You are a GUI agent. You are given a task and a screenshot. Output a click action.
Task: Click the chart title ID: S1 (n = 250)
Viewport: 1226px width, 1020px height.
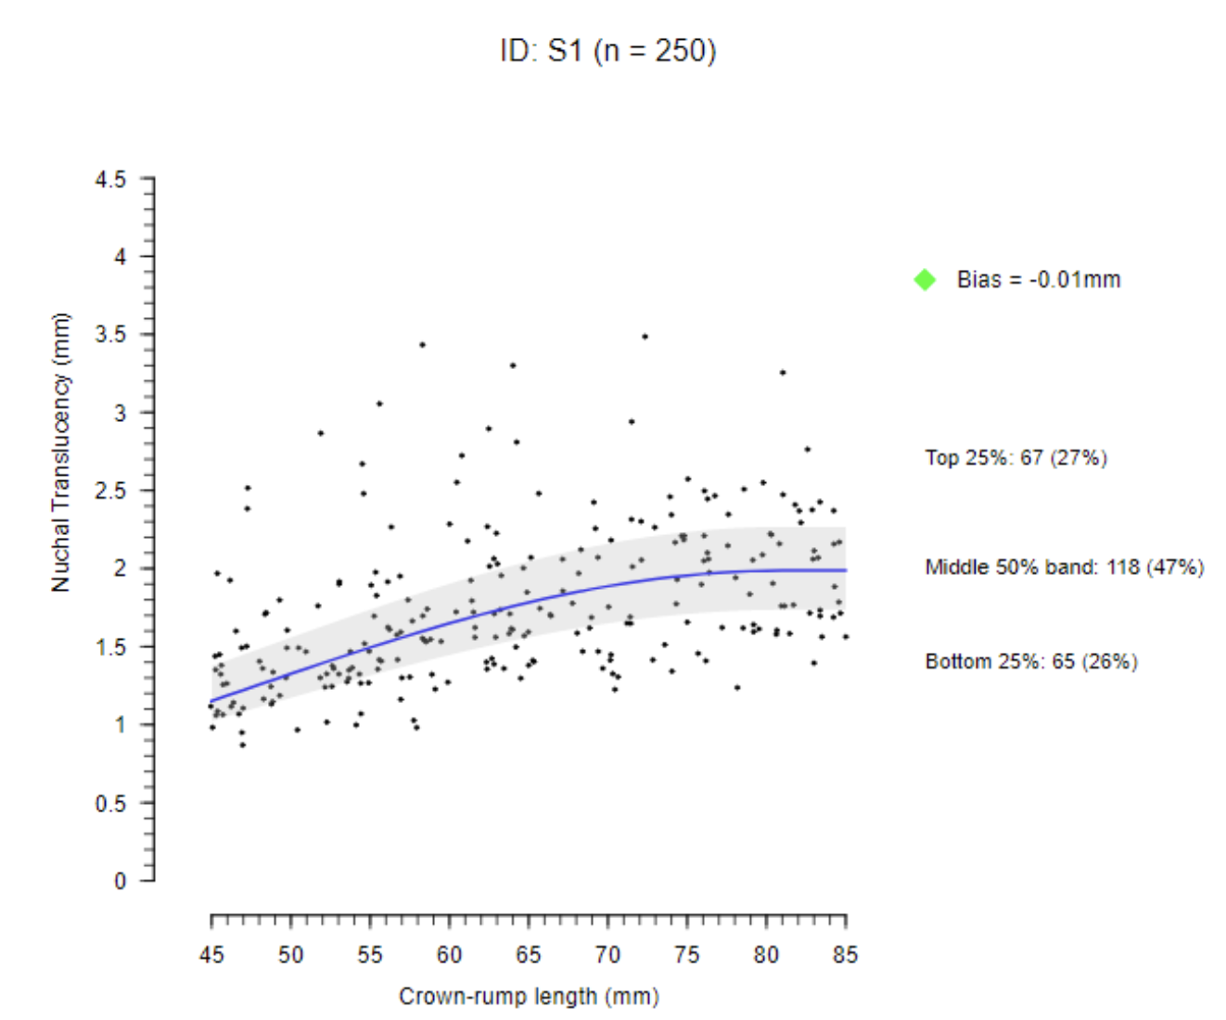click(607, 50)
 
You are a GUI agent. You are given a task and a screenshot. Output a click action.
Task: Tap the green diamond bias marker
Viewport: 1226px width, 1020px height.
click(925, 279)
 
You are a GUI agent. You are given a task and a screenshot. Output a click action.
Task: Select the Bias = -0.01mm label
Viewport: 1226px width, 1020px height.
click(1039, 279)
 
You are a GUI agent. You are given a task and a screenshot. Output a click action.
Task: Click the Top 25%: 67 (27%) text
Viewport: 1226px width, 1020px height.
click(1015, 457)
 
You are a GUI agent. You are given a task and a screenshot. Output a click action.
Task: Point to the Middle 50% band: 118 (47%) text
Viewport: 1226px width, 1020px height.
click(1064, 567)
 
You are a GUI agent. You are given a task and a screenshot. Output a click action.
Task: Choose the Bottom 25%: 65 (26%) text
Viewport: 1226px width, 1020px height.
click(1030, 661)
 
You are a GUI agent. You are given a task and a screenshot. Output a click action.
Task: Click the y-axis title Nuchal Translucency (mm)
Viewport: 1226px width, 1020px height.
click(61, 453)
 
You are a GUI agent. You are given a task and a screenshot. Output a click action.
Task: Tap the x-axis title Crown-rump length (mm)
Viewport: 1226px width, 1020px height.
click(529, 996)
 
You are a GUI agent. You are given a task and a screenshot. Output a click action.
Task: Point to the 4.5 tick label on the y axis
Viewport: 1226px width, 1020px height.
click(110, 179)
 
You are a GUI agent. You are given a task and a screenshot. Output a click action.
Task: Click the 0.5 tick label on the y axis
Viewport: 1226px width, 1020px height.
click(110, 803)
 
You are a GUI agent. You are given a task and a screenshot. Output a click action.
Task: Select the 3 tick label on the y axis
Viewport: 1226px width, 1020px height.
click(120, 413)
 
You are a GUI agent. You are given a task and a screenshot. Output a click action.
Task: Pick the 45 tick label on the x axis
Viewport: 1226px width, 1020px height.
click(211, 954)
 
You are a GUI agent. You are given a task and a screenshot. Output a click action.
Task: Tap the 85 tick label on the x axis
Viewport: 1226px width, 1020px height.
click(845, 954)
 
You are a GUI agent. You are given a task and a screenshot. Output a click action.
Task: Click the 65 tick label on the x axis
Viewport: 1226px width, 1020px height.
click(529, 954)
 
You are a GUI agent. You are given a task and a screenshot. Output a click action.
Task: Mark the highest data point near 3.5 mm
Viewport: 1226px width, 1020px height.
click(645, 337)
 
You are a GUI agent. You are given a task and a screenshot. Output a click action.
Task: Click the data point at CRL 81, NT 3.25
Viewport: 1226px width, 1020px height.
click(783, 373)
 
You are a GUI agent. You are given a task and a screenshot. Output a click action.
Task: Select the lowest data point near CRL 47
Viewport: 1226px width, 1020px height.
click(243, 745)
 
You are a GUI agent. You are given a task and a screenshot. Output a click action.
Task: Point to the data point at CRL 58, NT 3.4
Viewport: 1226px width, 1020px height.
click(422, 345)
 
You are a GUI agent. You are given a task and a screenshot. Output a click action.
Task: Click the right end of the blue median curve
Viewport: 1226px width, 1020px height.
click(845, 570)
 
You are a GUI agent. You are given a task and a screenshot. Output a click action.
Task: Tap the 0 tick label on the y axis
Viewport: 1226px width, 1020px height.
click(120, 881)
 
